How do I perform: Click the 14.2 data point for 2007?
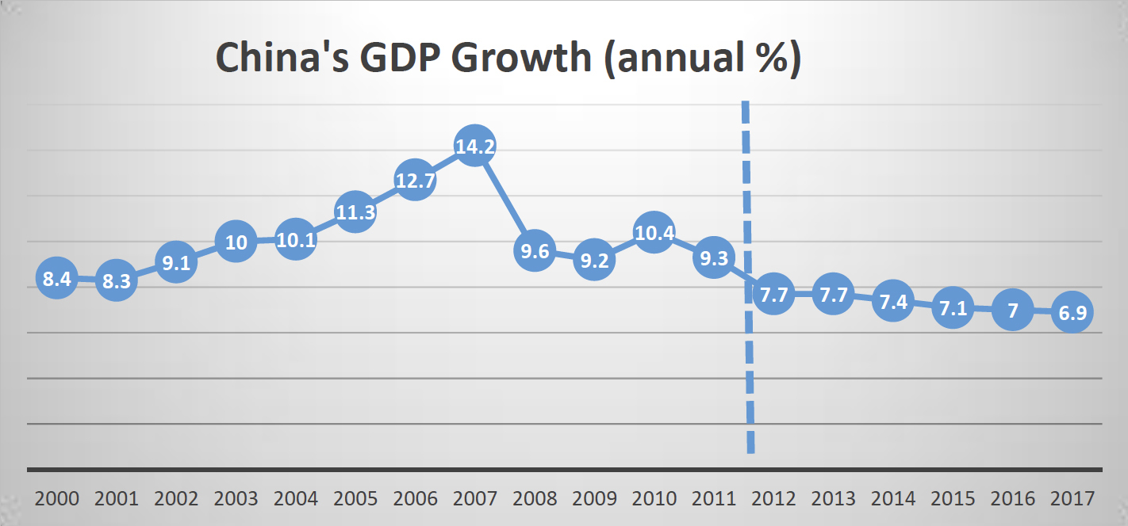click(474, 146)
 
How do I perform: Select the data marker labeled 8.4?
click(56, 279)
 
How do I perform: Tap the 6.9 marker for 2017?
click(1072, 313)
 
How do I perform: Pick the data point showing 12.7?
click(415, 181)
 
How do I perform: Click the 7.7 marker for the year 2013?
click(833, 295)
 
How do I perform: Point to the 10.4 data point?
click(654, 233)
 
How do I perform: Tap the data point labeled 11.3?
click(355, 212)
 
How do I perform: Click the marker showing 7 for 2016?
click(1012, 311)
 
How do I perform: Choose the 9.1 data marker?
click(175, 262)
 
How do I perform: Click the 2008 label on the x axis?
click(535, 499)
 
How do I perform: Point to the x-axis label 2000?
click(57, 499)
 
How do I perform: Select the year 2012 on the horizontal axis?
click(773, 499)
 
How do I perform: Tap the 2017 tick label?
click(1072, 499)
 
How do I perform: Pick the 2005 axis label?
click(355, 499)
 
